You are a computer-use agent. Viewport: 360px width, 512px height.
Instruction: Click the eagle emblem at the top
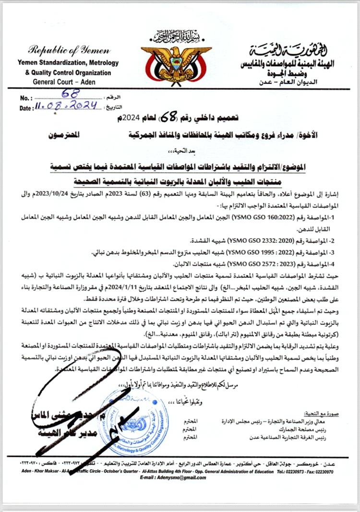tap(176, 63)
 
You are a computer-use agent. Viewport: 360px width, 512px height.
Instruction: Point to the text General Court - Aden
tap(63, 82)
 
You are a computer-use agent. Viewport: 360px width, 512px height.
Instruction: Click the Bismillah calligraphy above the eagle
tap(176, 36)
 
